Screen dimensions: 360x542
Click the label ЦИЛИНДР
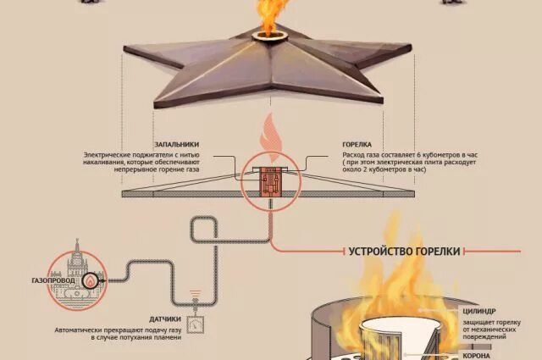478,311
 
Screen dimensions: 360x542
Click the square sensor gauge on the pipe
196,322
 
